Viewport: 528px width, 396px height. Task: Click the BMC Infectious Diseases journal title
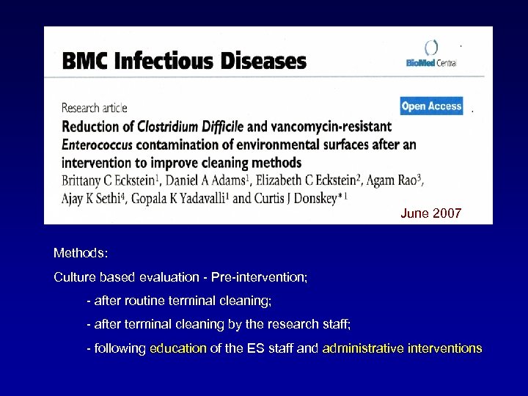point(184,61)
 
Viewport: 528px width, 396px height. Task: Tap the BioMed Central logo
point(432,55)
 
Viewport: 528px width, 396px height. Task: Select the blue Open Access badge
point(432,106)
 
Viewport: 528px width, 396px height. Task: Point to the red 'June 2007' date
point(431,213)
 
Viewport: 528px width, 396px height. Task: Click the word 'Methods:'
point(81,253)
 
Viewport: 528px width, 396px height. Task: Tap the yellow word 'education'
point(178,348)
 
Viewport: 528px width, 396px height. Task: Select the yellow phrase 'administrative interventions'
point(402,348)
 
